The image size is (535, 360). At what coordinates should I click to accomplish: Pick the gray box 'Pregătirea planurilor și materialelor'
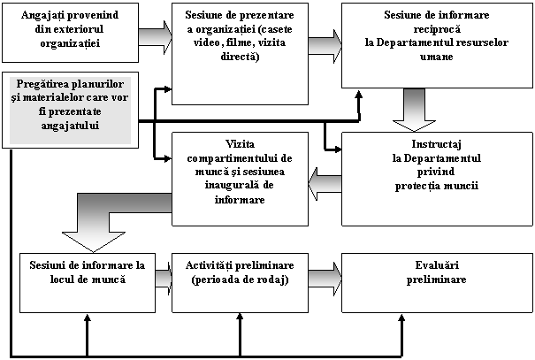pos(71,109)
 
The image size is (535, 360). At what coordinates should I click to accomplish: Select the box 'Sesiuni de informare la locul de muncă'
pos(87,282)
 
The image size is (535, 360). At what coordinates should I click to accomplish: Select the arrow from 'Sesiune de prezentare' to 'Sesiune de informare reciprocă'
pos(325,45)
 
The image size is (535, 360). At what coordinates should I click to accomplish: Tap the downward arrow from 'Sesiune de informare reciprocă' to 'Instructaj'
pos(413,110)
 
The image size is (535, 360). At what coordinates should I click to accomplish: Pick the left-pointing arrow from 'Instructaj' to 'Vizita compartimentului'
pos(325,184)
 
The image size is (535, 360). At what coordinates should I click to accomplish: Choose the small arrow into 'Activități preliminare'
pos(164,279)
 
